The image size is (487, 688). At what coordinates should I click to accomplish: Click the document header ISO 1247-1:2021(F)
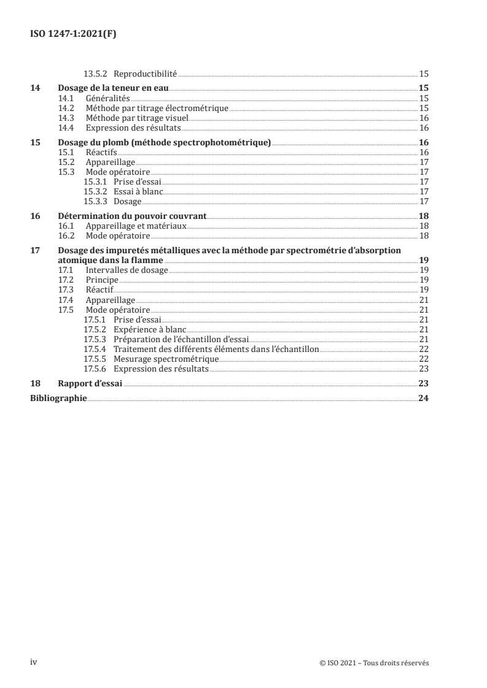73,34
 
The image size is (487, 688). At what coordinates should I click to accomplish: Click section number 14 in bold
36,88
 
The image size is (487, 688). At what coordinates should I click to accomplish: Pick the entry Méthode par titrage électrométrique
157,108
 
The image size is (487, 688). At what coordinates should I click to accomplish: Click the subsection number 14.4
66,128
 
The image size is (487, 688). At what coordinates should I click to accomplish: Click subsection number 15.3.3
95,201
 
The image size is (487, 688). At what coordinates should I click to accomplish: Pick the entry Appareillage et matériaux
136,226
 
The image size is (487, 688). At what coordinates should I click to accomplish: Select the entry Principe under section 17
102,280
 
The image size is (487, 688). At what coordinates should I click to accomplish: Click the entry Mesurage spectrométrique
166,359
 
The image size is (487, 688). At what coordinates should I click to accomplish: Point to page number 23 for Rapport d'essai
423,383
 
